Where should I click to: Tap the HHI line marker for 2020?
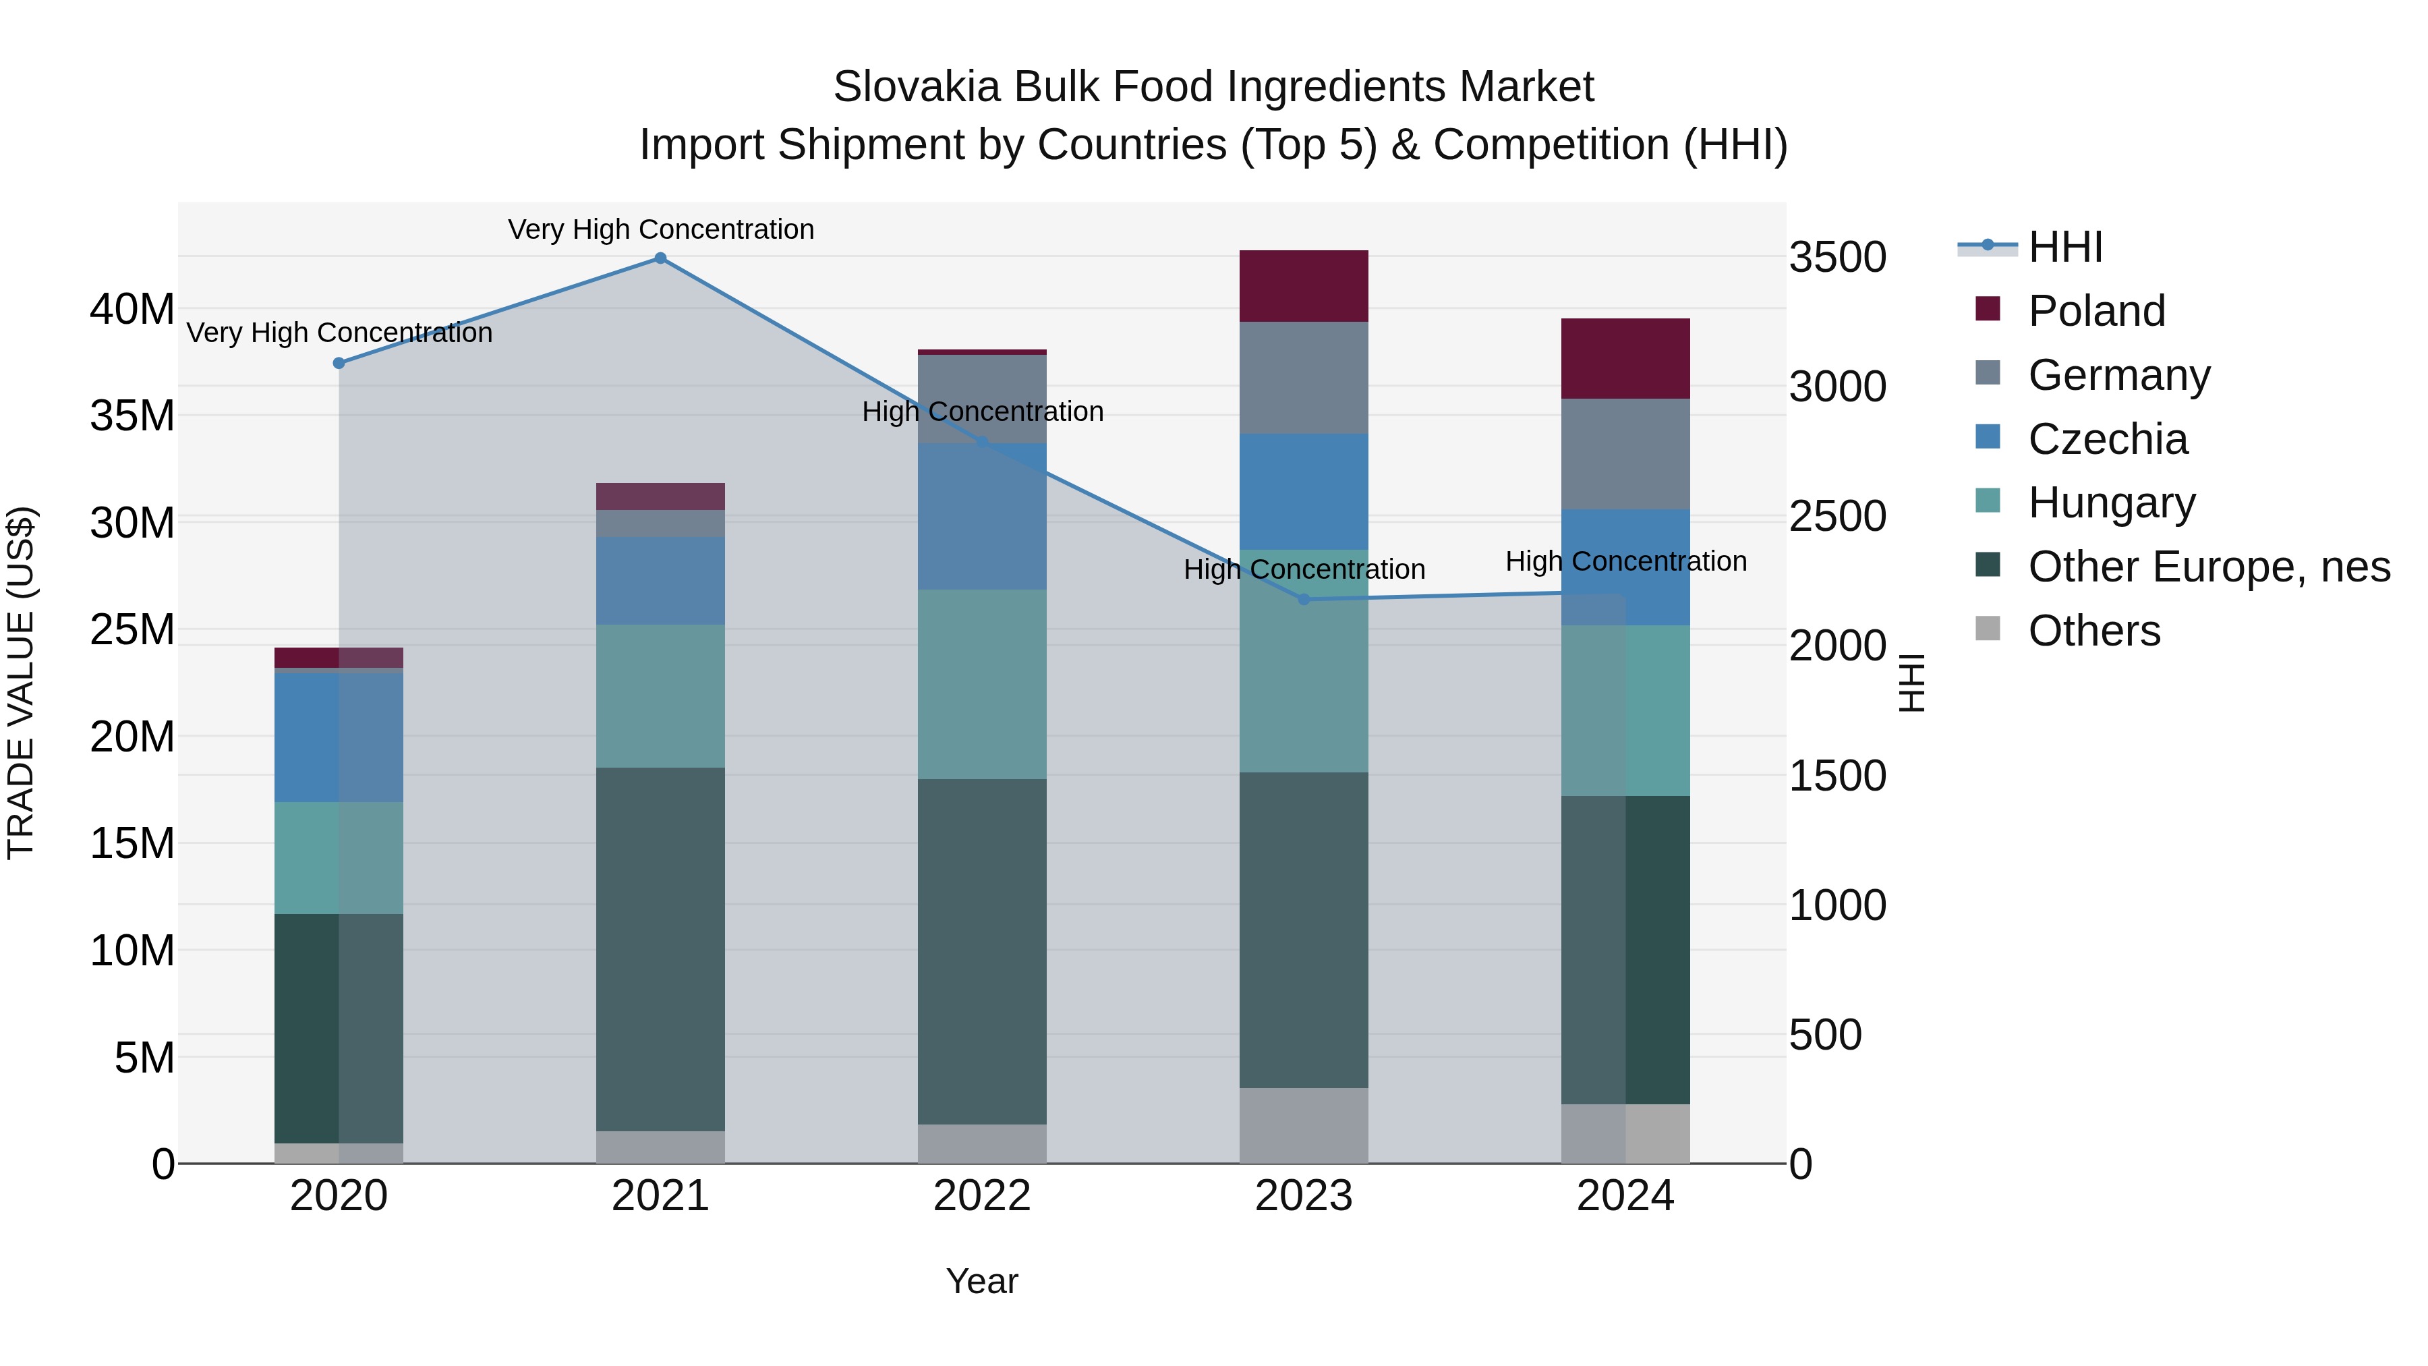(339, 363)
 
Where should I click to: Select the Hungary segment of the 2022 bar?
(982, 685)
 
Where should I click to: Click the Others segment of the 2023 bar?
(1304, 1126)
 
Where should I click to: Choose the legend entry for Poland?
(2096, 311)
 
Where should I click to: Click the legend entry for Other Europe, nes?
(2208, 567)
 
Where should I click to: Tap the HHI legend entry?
(2064, 247)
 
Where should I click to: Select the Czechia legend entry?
(2108, 439)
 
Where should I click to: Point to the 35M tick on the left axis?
(132, 416)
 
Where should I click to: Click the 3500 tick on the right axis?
(1837, 258)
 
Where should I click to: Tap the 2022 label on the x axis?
(982, 1196)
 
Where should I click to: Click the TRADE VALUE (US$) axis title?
(22, 683)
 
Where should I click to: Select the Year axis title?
(982, 1281)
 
